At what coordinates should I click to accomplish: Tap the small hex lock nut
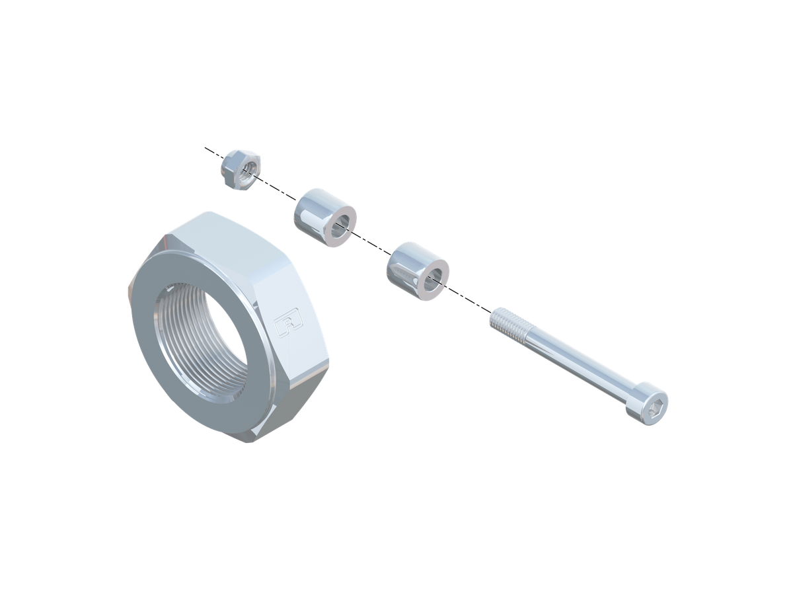click(x=240, y=169)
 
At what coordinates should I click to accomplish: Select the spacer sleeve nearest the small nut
click(x=324, y=218)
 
